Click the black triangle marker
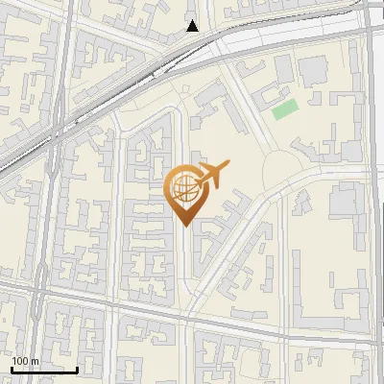click(193, 26)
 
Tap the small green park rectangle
click(284, 108)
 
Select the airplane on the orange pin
click(210, 176)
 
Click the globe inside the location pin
click(182, 189)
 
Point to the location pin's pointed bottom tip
click(182, 226)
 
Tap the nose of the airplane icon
click(227, 166)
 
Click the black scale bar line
click(43, 370)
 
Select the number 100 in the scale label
click(20, 361)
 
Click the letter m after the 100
click(35, 362)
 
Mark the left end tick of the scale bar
click(11, 369)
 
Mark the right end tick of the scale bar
click(77, 369)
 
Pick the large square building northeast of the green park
click(313, 71)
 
